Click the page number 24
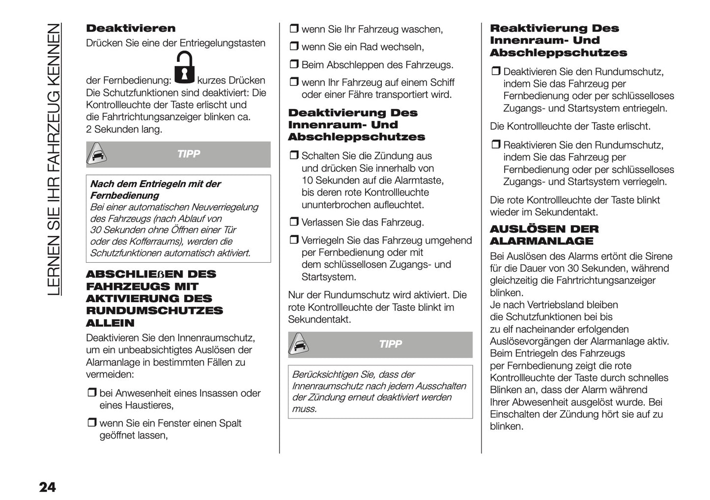pos(47,487)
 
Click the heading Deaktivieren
pos(130,28)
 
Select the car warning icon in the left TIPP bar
pos(97,155)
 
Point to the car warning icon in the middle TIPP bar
pos(299,345)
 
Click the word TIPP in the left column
pos(189,154)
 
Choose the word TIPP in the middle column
pos(391,344)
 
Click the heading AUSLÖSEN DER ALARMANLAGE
pos(544,235)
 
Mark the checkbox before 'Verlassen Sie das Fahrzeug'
pos(293,222)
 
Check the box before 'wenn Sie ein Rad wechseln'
pos(293,47)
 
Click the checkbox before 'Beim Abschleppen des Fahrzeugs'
pos(293,65)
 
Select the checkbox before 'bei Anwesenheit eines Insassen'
pos(91,393)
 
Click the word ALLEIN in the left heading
pos(110,323)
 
